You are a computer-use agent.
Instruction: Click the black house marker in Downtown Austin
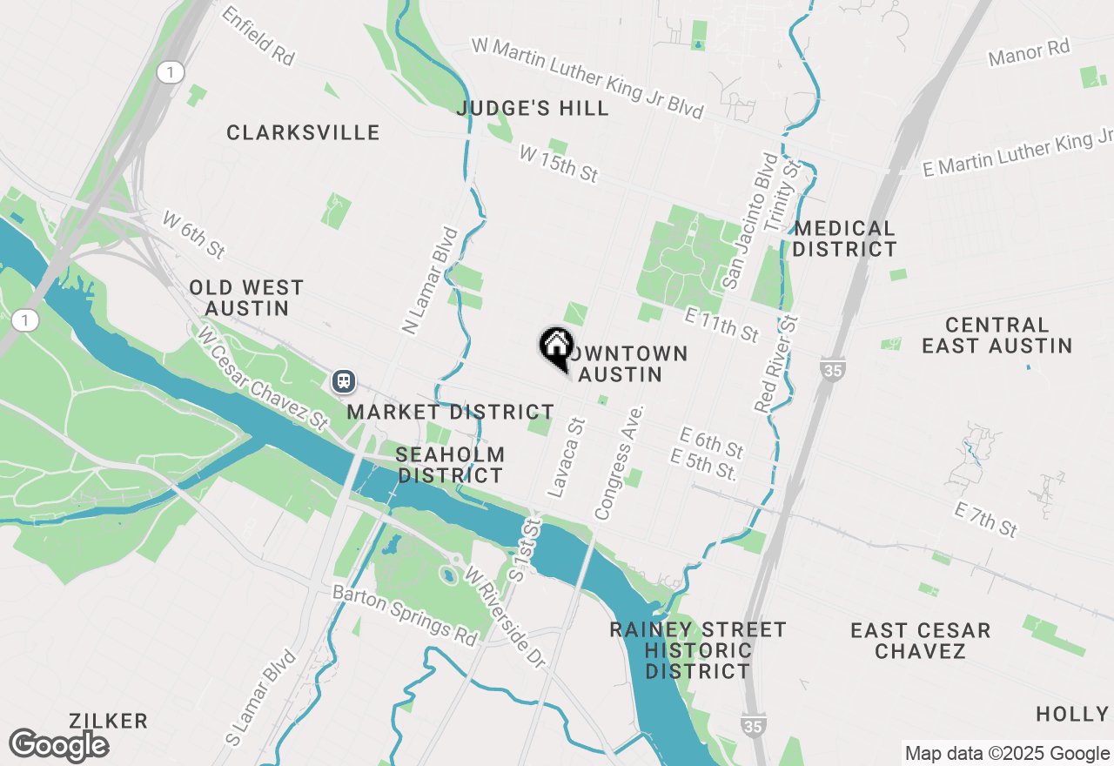(555, 346)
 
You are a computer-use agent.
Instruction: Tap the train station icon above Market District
(344, 380)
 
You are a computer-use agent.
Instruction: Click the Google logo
(59, 745)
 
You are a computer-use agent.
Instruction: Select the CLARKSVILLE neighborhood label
(303, 132)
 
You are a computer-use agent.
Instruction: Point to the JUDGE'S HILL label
(533, 109)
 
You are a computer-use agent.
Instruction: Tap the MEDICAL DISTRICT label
(844, 239)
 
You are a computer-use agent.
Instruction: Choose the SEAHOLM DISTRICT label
(450, 465)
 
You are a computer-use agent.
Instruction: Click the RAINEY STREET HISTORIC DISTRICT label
(698, 650)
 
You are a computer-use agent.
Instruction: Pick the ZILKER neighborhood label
(110, 721)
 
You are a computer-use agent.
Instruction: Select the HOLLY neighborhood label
(1072, 714)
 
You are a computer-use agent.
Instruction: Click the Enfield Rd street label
(258, 36)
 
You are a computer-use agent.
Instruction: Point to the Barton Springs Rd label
(406, 615)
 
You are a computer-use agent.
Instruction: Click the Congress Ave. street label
(619, 462)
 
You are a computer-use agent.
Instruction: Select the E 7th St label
(985, 520)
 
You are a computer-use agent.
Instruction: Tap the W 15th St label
(558, 165)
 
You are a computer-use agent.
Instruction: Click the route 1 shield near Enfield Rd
(171, 72)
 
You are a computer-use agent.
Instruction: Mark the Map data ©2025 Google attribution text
(1007, 754)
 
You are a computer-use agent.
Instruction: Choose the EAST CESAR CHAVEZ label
(921, 641)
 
